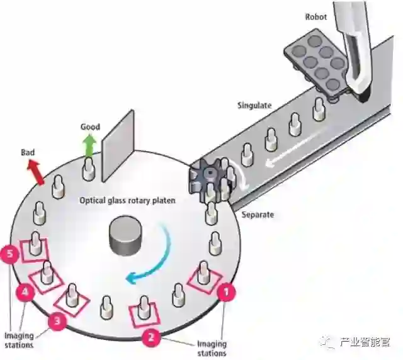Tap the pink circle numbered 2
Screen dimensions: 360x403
[x=150, y=337]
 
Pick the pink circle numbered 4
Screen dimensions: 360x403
[x=25, y=292]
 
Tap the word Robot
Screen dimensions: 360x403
[x=316, y=17]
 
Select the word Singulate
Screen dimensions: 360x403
[x=254, y=105]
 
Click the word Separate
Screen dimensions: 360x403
[x=258, y=215]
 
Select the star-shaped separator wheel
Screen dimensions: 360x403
[x=207, y=177]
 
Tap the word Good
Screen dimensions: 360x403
[x=90, y=127]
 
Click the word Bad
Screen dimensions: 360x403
[x=28, y=152]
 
